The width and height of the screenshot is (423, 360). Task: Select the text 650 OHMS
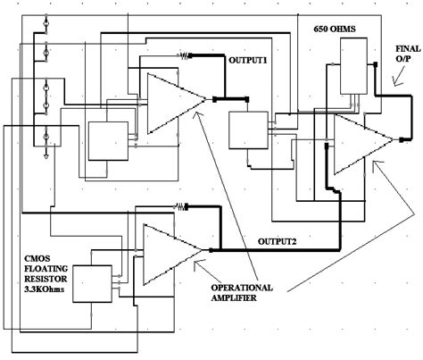(x=334, y=29)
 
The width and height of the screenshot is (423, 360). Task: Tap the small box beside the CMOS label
(x=94, y=282)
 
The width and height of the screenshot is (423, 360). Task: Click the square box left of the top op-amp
(x=106, y=139)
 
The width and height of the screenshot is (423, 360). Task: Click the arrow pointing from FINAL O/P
(x=393, y=79)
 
